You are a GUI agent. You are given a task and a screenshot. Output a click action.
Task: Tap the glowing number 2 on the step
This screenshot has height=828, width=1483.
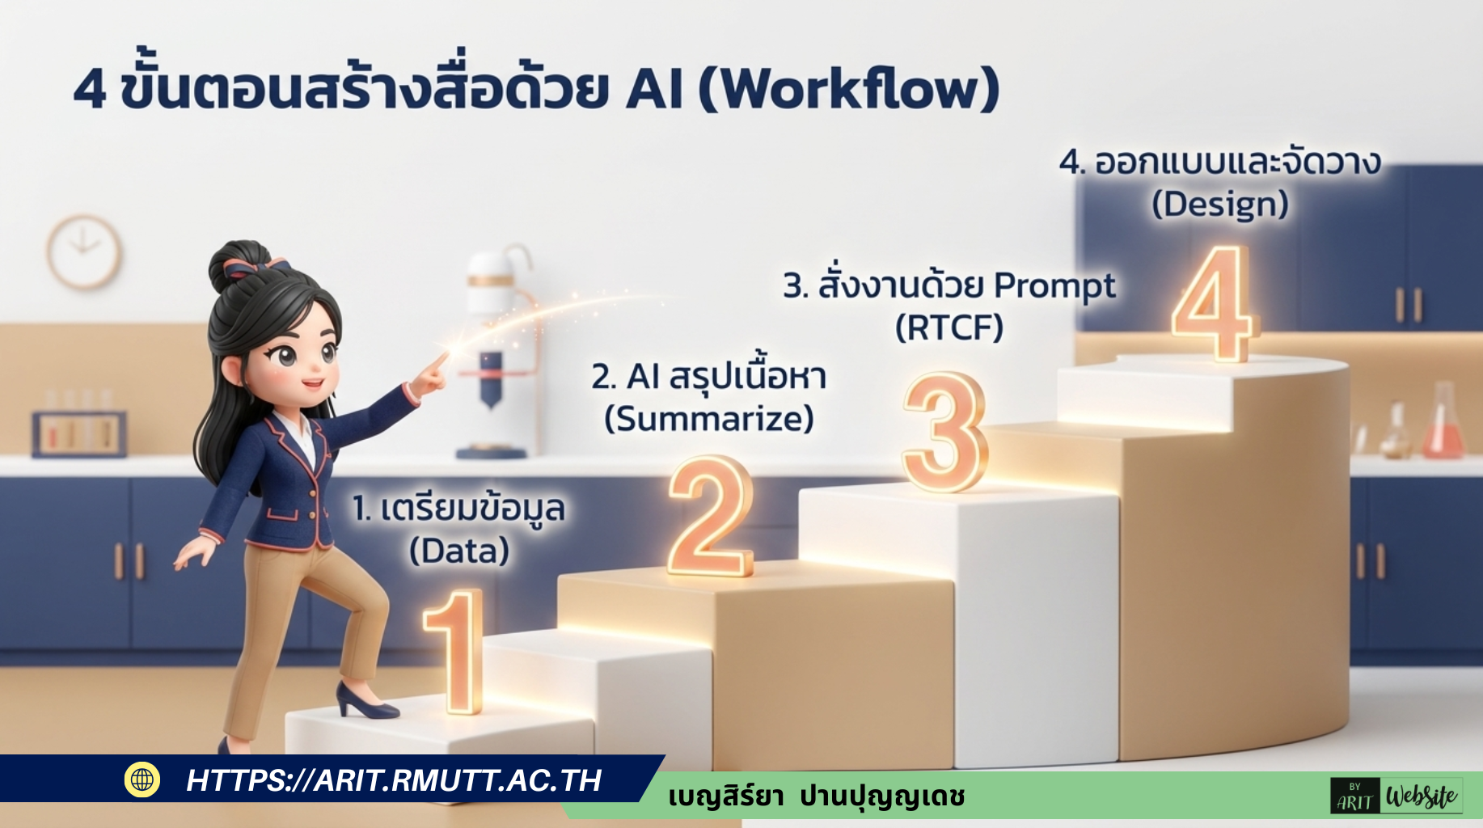pyautogui.click(x=710, y=517)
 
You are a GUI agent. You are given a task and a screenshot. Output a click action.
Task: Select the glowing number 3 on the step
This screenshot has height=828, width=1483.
pyautogui.click(x=944, y=433)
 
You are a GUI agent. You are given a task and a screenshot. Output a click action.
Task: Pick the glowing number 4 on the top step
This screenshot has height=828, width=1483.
pyautogui.click(x=1213, y=303)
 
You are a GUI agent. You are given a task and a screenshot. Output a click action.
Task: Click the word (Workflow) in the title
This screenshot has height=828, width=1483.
pyautogui.click(x=849, y=89)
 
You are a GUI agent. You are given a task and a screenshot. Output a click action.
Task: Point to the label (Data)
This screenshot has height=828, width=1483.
pyautogui.click(x=459, y=551)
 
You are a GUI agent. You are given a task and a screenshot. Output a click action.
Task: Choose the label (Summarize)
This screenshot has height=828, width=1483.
pyautogui.click(x=709, y=419)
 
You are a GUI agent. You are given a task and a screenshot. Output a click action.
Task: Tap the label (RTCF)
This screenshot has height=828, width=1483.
pyautogui.click(x=949, y=327)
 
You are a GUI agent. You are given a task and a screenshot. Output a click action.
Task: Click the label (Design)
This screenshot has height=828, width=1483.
pyautogui.click(x=1220, y=204)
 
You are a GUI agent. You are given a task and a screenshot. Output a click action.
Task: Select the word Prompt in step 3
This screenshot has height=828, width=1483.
pyautogui.click(x=1054, y=285)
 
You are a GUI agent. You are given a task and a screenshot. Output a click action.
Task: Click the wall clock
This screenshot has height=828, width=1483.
pyautogui.click(x=83, y=251)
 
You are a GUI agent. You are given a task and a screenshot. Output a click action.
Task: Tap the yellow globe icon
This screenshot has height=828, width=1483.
pyautogui.click(x=142, y=779)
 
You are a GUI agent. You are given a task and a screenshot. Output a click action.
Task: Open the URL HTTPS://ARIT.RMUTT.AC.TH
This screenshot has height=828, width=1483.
pyautogui.click(x=394, y=780)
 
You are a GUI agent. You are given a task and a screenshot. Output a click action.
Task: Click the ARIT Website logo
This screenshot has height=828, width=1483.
pyautogui.click(x=1396, y=796)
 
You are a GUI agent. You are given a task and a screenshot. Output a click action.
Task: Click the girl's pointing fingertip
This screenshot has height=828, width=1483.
pyautogui.click(x=444, y=356)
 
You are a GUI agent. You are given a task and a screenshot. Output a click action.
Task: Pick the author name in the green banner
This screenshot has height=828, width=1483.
pyautogui.click(x=817, y=797)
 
